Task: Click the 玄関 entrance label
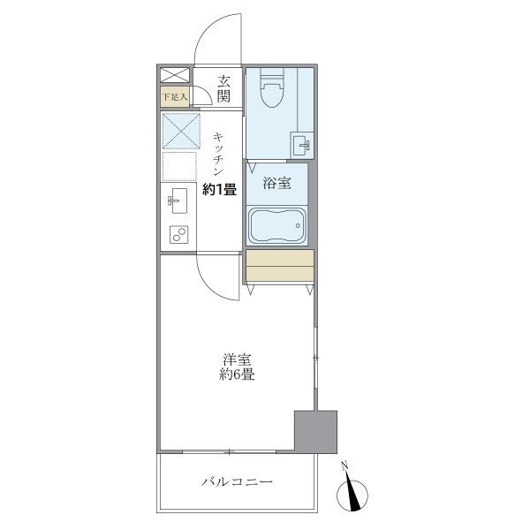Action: (x=224, y=87)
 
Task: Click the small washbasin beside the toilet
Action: (x=302, y=143)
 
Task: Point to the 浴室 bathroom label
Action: (x=276, y=184)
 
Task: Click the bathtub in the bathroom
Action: (x=276, y=225)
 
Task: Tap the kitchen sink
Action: (x=177, y=201)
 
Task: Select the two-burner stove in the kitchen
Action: (x=179, y=234)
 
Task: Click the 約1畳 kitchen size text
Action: (x=219, y=188)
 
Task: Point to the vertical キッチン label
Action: (x=219, y=151)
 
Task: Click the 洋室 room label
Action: (x=238, y=360)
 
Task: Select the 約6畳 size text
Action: (x=238, y=375)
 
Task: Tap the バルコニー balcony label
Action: (x=237, y=482)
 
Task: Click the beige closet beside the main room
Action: (x=280, y=266)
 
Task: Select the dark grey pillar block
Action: (x=316, y=431)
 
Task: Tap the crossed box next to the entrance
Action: (x=174, y=75)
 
